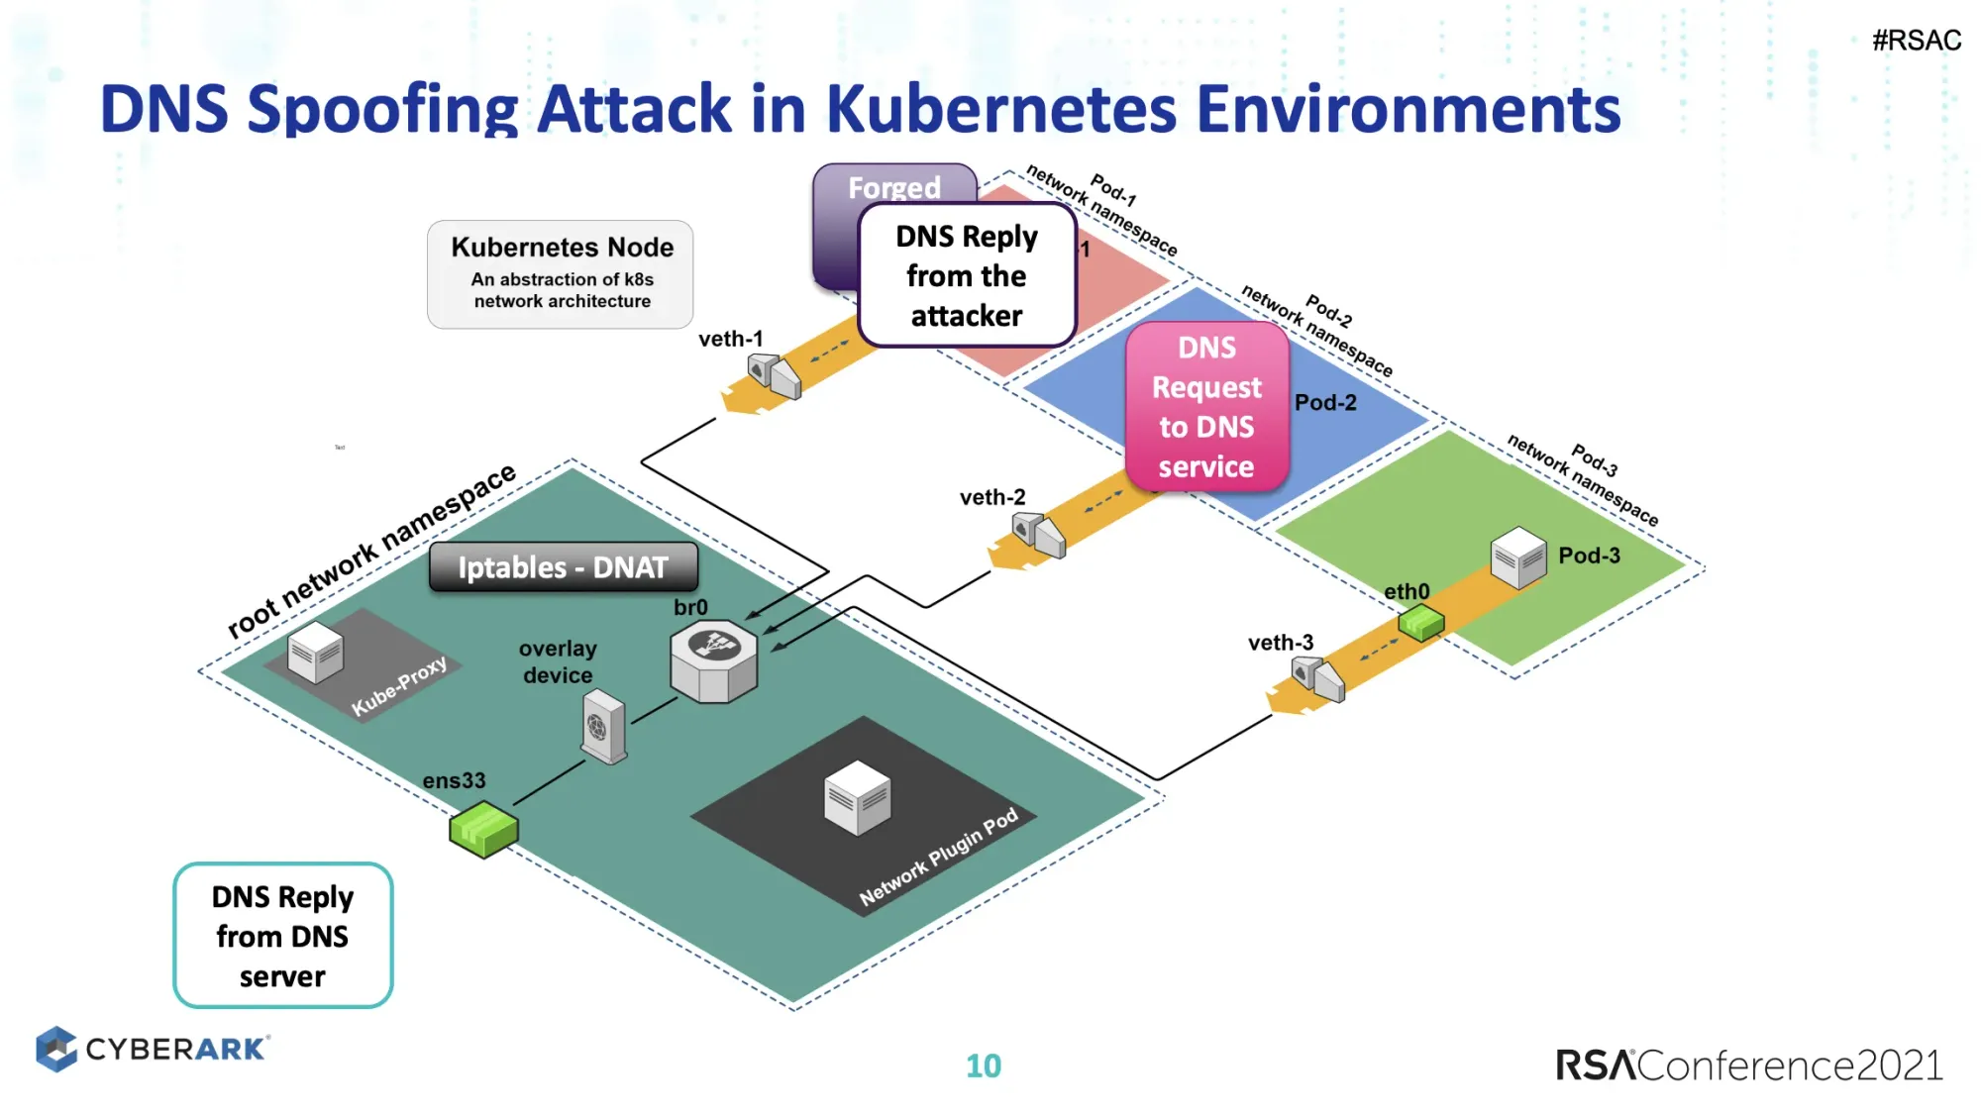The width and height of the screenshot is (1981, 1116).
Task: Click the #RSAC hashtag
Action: click(x=1916, y=41)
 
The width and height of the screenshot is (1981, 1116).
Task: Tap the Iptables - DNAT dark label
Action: click(x=563, y=567)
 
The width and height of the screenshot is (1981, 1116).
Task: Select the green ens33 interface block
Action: click(x=483, y=829)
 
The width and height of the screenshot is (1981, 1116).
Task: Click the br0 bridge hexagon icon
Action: click(x=713, y=660)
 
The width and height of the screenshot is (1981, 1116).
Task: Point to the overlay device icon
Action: click(x=603, y=727)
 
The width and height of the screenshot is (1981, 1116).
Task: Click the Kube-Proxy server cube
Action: click(x=315, y=653)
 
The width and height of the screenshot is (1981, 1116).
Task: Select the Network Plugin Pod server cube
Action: click(x=858, y=798)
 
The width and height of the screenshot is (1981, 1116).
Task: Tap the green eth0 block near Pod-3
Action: click(x=1420, y=623)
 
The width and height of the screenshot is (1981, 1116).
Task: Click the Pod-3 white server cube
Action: click(x=1517, y=558)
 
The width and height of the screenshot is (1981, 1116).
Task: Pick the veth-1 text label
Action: click(x=730, y=339)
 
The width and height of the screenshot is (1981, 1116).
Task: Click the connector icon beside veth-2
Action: click(x=1038, y=535)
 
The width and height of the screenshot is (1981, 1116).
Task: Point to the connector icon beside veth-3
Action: click(x=1318, y=679)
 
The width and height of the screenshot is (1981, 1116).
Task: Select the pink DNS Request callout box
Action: click(x=1206, y=407)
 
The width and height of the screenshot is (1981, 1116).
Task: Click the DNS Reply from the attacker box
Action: click(x=966, y=275)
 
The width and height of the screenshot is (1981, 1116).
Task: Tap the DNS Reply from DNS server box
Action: click(x=282, y=936)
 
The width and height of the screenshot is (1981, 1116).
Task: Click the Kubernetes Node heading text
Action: click(x=562, y=247)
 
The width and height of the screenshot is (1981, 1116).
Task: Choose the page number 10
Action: click(x=983, y=1065)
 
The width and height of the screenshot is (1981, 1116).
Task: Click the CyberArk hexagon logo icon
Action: click(x=56, y=1049)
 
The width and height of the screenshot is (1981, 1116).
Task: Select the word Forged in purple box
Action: click(x=893, y=186)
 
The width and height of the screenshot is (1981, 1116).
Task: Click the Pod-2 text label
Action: click(x=1324, y=402)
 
